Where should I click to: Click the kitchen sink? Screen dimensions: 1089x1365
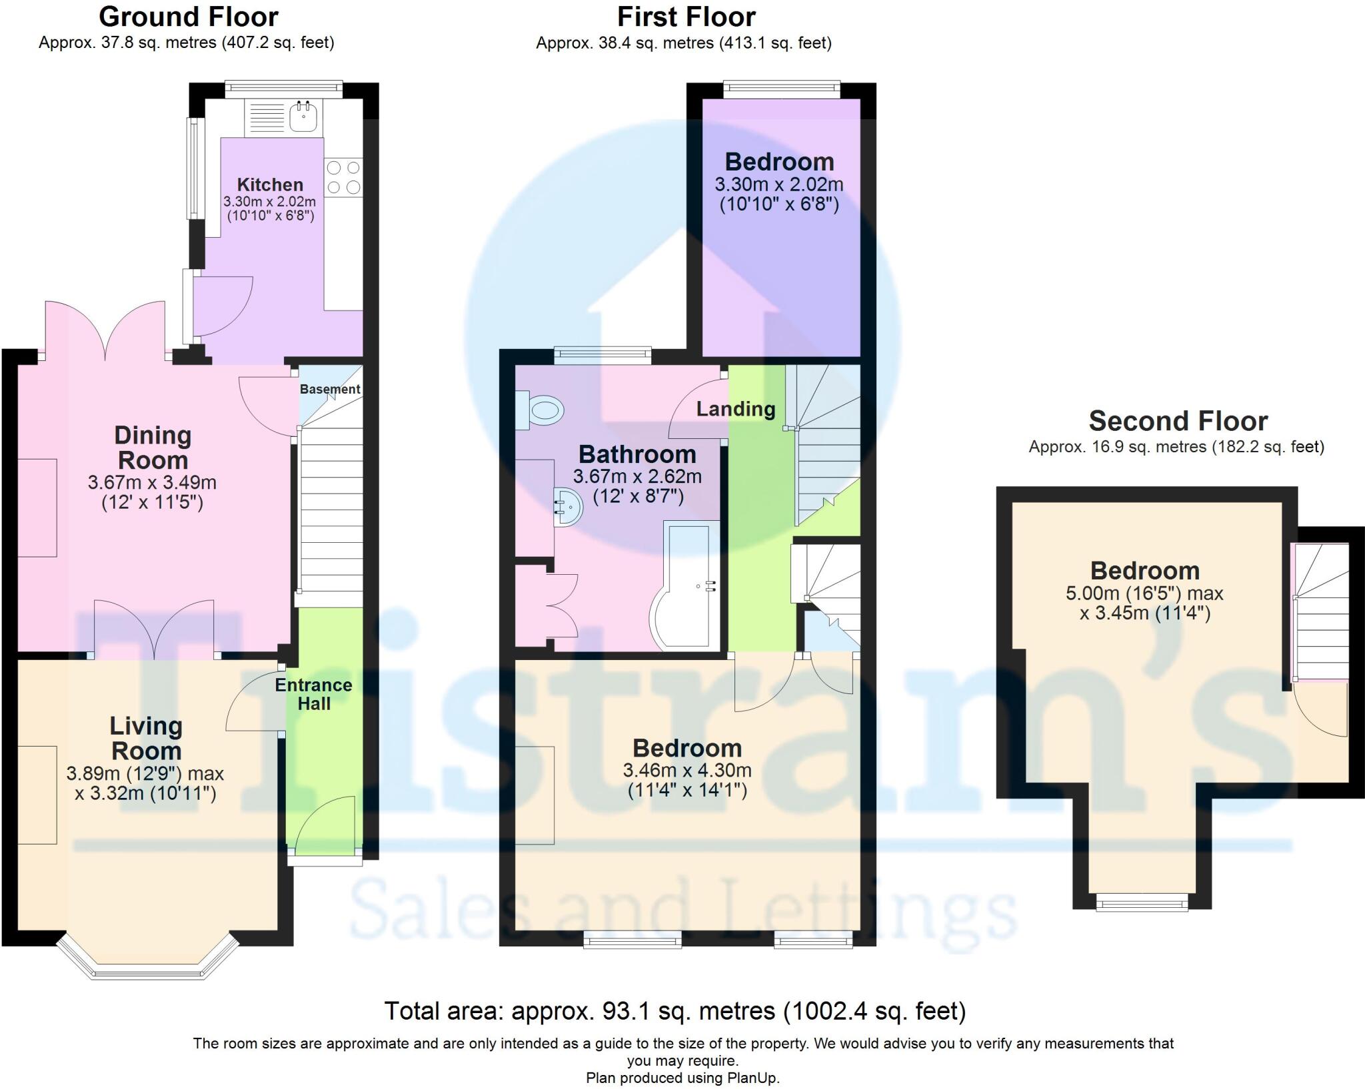coord(305,117)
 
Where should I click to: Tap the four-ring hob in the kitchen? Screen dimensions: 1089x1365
coord(344,177)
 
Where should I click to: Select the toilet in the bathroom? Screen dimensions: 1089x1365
coord(541,410)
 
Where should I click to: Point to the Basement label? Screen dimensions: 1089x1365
coord(329,389)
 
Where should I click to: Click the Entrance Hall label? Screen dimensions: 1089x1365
coord(313,694)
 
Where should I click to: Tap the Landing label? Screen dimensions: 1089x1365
coord(736,409)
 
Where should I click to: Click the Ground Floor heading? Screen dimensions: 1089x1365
coord(188,17)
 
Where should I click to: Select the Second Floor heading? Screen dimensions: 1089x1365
coord(1178,421)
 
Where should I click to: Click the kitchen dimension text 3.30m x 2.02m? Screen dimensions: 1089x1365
coord(269,201)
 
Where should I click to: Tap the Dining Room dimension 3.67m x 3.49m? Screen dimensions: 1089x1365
coord(152,482)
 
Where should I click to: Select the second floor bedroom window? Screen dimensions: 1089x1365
coord(1142,904)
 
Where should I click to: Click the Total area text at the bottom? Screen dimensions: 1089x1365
coord(675,1011)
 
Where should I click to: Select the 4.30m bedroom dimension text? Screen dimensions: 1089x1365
coord(687,771)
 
